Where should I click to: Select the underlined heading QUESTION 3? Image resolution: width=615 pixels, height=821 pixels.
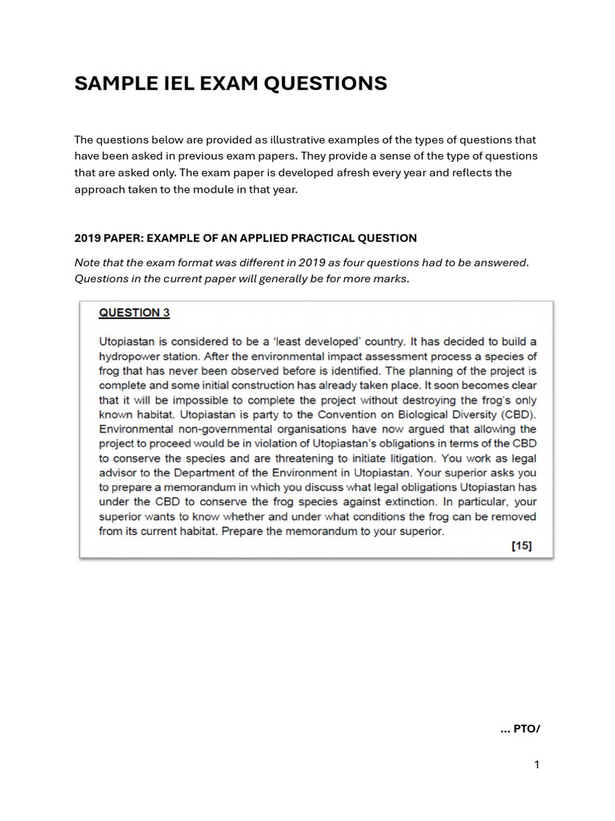pyautogui.click(x=134, y=313)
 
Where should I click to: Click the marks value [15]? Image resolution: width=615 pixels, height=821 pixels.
pyautogui.click(x=521, y=546)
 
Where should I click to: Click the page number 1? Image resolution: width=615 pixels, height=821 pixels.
pyautogui.click(x=537, y=765)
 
